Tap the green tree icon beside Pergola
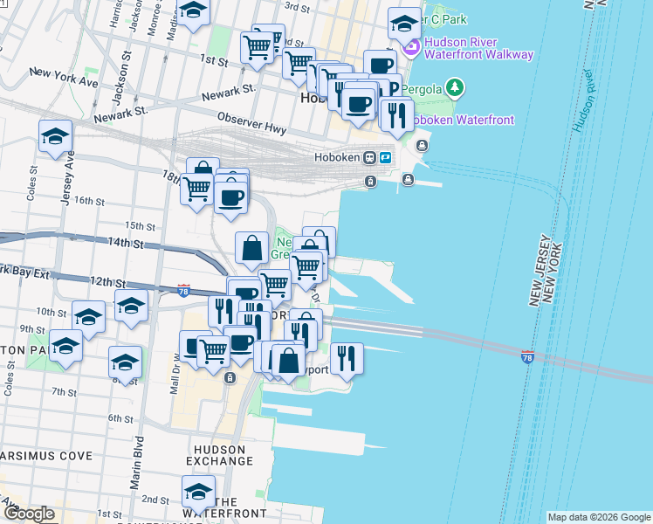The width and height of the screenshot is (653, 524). click(453, 87)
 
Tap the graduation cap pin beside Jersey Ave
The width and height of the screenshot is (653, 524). click(55, 137)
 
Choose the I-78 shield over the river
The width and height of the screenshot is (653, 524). click(527, 357)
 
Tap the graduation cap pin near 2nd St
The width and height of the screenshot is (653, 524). click(198, 492)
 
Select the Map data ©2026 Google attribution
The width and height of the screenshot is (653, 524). click(599, 517)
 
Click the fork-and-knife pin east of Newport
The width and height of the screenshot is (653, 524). click(347, 356)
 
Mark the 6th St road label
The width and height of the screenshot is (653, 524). click(120, 419)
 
